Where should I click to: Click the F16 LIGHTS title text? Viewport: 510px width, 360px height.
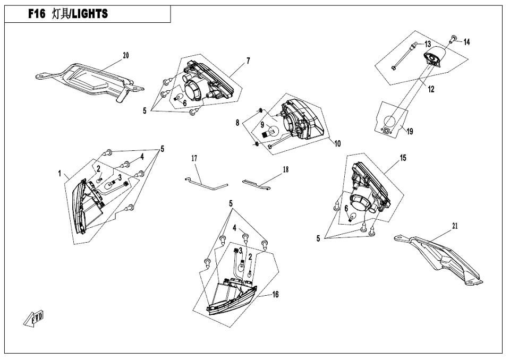coord(68,14)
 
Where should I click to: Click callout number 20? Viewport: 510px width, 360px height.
coord(126,55)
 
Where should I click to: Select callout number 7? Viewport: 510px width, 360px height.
coord(248,61)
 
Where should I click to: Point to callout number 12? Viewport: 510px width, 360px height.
coord(431,89)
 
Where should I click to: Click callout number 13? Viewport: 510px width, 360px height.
coord(427,44)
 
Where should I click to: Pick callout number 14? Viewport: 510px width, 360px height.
coord(466,41)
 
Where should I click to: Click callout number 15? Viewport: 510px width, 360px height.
coord(403,158)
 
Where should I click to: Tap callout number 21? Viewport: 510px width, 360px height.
coord(454,226)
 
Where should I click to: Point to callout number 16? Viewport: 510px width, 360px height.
coord(275,294)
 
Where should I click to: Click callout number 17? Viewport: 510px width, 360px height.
coord(194,158)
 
